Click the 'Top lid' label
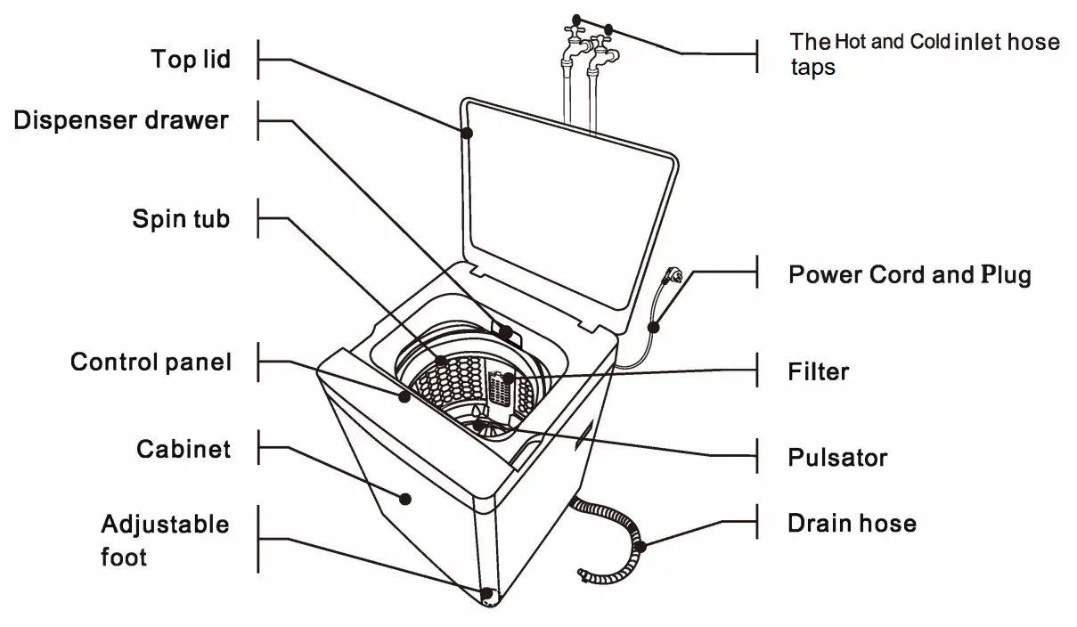coord(191,60)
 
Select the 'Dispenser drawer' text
coord(121,120)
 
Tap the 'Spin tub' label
coord(181,219)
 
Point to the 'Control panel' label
coord(151,362)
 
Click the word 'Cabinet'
coord(184,448)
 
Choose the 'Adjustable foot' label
coord(165,541)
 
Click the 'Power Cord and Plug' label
coord(910,274)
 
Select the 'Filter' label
coord(819,370)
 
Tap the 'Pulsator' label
coord(837,458)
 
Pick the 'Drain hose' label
coord(852,523)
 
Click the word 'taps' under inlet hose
coord(813,68)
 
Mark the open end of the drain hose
coord(583,574)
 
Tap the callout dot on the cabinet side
coord(406,499)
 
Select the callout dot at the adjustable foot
coord(486,592)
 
